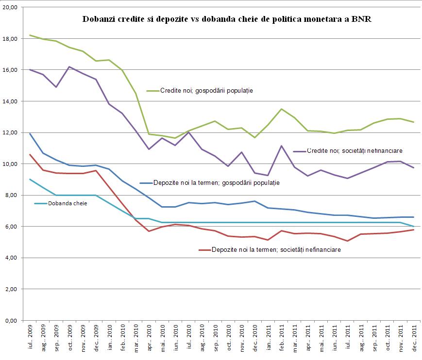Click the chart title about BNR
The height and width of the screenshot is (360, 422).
[x=227, y=20]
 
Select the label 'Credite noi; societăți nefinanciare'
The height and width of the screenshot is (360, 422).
[x=354, y=151]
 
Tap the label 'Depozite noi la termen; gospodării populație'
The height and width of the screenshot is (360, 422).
[x=216, y=183]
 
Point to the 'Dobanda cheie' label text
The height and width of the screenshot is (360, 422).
[x=68, y=203]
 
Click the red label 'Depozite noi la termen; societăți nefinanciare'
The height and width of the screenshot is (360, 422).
[x=276, y=250]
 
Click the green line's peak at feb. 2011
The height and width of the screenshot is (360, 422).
[x=281, y=109]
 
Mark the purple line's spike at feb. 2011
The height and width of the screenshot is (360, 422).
[x=281, y=146]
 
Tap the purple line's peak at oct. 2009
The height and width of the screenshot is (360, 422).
[x=70, y=66]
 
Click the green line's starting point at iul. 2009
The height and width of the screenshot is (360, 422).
[x=31, y=35]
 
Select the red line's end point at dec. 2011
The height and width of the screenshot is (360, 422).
[x=413, y=229]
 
